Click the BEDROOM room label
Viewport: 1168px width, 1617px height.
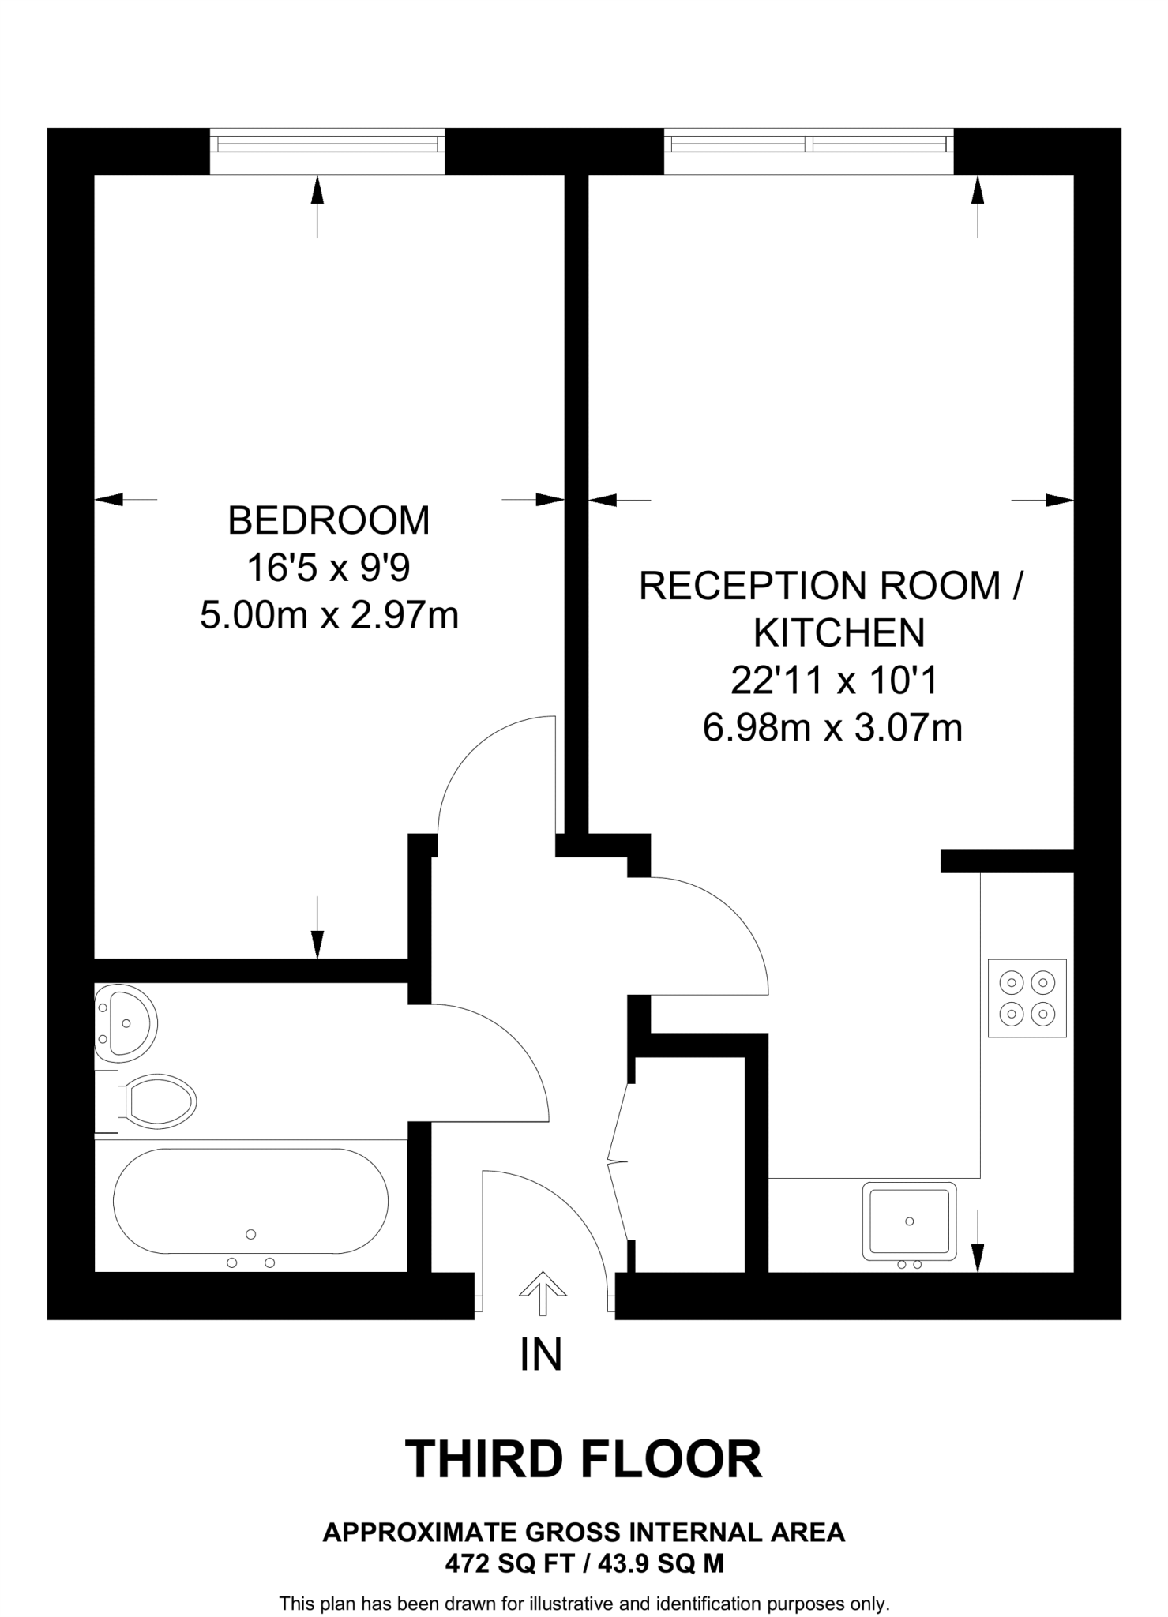(329, 520)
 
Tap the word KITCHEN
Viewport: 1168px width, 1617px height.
(839, 632)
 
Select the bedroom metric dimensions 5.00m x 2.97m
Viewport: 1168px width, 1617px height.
(329, 615)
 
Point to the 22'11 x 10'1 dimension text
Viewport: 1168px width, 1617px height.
(833, 680)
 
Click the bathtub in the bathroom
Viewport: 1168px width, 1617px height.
(250, 1201)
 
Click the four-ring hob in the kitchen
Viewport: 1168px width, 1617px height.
(1027, 997)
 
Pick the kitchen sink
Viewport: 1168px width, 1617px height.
(909, 1221)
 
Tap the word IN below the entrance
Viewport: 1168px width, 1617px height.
(541, 1355)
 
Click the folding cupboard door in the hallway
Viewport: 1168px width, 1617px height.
(618, 1161)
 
